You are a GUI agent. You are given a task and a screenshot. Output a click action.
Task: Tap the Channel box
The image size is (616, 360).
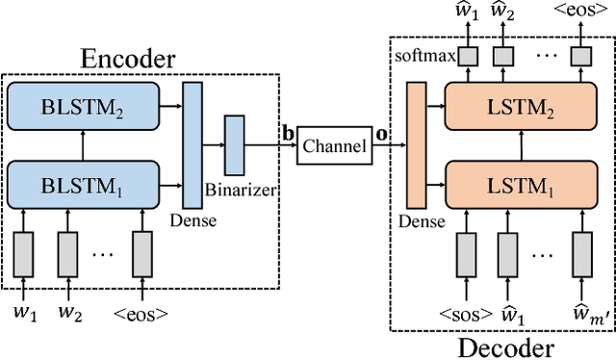click(333, 146)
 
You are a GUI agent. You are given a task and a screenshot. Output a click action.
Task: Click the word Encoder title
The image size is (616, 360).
click(129, 58)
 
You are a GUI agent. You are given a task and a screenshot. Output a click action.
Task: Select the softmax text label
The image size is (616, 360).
click(423, 56)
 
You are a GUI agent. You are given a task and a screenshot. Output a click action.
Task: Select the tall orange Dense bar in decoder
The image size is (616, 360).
click(417, 145)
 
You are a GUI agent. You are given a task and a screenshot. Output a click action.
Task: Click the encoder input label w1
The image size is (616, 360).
click(22, 313)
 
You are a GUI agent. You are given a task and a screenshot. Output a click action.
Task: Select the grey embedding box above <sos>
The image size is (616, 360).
click(467, 253)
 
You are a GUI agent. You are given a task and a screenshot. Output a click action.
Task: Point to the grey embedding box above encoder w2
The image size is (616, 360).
click(67, 253)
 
